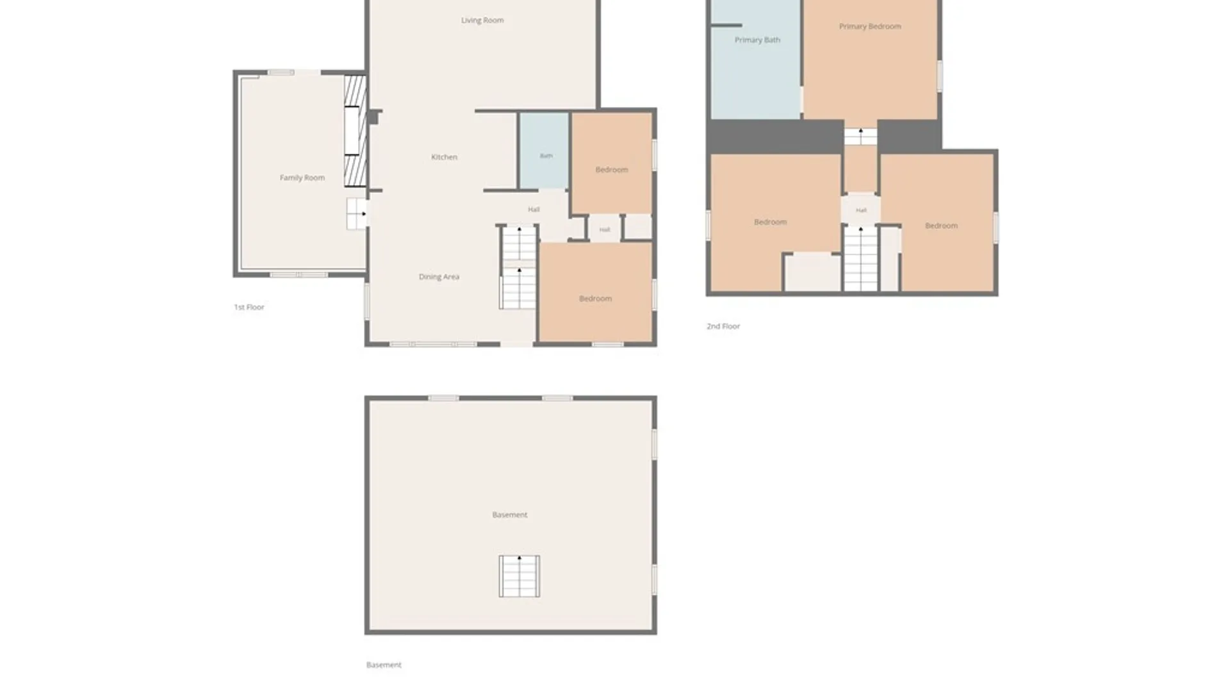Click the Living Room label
coord(482,21)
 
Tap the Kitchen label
coord(444,157)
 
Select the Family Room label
coord(302,177)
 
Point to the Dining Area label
coord(439,277)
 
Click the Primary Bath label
coord(757,40)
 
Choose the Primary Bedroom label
coord(870,26)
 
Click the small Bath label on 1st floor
coord(546,156)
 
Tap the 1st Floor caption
coord(249,307)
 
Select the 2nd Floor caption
coord(723,326)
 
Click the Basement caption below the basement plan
coord(384,665)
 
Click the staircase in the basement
coord(520,576)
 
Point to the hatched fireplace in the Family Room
coord(356,131)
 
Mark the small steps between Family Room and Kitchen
coord(357,213)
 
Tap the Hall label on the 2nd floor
coord(861,210)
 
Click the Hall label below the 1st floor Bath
coord(534,210)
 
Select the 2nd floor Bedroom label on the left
coord(770,222)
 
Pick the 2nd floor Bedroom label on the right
coord(941,226)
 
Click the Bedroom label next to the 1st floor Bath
coord(611,170)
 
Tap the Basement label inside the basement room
coord(509,515)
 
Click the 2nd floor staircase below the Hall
coord(860,258)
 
